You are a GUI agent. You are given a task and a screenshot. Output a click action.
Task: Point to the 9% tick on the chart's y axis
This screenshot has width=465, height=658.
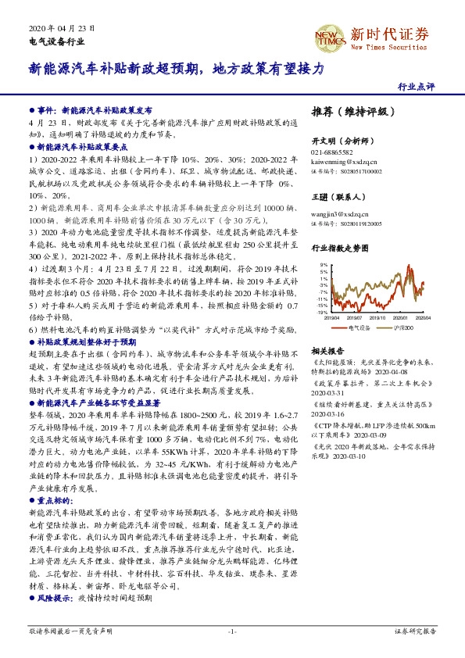click(x=323, y=266)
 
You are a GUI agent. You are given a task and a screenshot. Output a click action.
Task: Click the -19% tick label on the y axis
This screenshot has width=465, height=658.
click(x=321, y=312)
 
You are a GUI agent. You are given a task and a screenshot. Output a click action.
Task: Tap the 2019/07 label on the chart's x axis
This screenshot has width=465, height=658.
click(x=356, y=318)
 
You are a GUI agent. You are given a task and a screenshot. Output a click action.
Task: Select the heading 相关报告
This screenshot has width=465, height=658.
click(x=328, y=350)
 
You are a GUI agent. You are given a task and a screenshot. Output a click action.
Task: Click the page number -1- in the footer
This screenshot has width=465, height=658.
click(x=231, y=630)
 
